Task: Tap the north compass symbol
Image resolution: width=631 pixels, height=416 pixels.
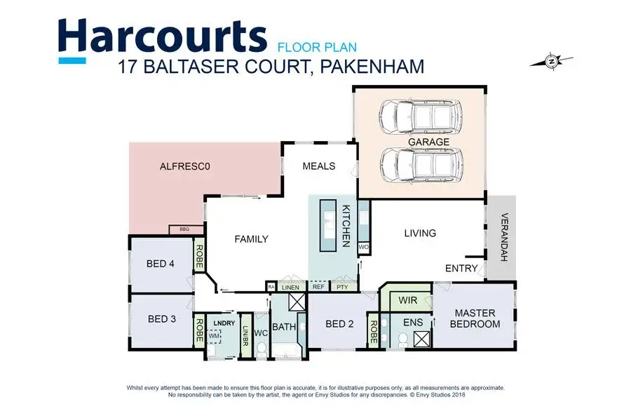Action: (552, 62)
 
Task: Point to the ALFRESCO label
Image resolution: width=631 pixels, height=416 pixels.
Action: (185, 167)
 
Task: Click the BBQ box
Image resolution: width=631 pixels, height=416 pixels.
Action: (185, 229)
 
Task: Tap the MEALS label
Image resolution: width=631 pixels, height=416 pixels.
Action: (318, 167)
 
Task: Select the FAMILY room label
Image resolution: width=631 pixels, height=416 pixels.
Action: (251, 239)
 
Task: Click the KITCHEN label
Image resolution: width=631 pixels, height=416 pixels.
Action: (346, 226)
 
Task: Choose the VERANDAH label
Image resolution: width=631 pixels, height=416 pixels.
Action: (502, 237)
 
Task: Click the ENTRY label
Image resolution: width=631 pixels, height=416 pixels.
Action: (461, 269)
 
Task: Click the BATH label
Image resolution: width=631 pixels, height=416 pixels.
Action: (283, 327)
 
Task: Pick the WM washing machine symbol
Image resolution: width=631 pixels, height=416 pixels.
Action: (213, 336)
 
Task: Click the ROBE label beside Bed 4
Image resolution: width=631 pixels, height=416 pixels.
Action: (199, 257)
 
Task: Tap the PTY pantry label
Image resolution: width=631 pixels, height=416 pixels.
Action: (342, 287)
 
